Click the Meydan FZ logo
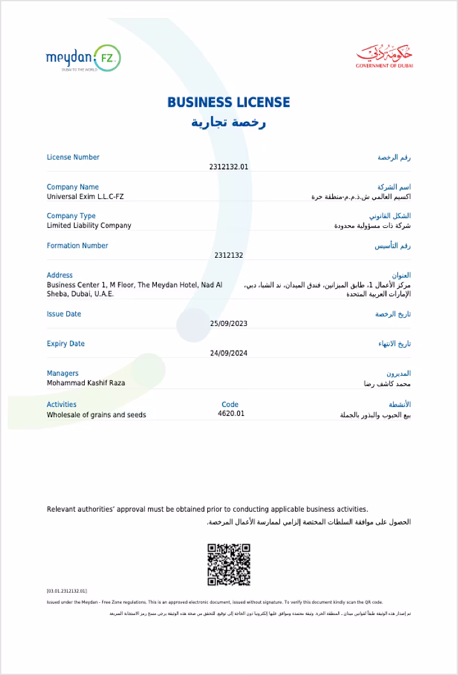[x=83, y=59]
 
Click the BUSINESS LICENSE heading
[x=228, y=102]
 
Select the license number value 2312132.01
[x=228, y=167]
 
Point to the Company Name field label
[x=73, y=187]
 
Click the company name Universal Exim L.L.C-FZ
[x=85, y=197]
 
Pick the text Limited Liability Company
[x=89, y=225]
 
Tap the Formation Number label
[x=77, y=246]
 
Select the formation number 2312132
[x=228, y=255]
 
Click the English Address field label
[x=60, y=275]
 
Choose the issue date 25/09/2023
[x=228, y=323]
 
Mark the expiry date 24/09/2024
[x=228, y=353]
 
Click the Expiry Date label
[x=66, y=344]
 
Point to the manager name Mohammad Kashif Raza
[x=86, y=383]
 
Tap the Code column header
[x=230, y=404]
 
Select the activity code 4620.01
[x=230, y=414]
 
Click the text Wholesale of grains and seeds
[x=96, y=415]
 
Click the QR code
[x=229, y=564]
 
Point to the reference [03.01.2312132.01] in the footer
[x=67, y=591]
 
